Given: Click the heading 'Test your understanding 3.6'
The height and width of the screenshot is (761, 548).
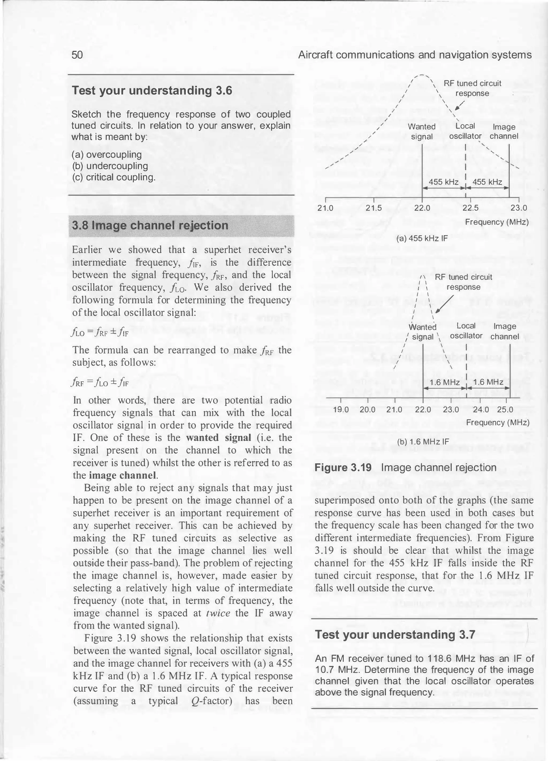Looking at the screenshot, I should (x=152, y=91).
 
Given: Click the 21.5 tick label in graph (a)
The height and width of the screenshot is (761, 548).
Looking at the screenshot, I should (x=374, y=208).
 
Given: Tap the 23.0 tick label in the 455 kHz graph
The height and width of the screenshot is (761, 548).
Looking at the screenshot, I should (x=519, y=208).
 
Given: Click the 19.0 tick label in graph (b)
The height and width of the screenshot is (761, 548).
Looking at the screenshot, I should (x=341, y=410).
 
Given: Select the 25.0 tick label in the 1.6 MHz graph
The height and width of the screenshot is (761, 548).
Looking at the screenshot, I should (x=505, y=410).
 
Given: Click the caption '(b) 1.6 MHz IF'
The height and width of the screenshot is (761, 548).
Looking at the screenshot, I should (x=423, y=442).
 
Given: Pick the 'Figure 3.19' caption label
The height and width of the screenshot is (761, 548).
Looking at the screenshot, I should (x=343, y=468).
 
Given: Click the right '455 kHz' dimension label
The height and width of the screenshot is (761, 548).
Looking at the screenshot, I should (x=487, y=182).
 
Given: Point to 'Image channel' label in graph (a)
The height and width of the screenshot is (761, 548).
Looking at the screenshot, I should (x=504, y=132).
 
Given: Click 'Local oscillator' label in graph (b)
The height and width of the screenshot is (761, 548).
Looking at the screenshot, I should (x=466, y=331).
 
